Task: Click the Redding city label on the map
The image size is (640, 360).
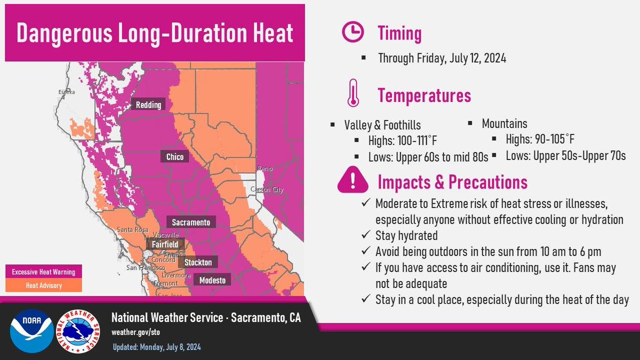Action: (x=148, y=105)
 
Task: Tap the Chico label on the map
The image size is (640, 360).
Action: (x=174, y=157)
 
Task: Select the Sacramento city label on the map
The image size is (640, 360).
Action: (x=191, y=222)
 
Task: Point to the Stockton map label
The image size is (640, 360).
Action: (x=198, y=262)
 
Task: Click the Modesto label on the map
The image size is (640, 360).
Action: (x=212, y=280)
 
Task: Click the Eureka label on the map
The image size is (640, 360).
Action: (x=67, y=92)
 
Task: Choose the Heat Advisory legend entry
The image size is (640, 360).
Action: (x=44, y=285)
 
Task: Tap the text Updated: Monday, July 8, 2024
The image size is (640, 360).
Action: (x=157, y=347)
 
